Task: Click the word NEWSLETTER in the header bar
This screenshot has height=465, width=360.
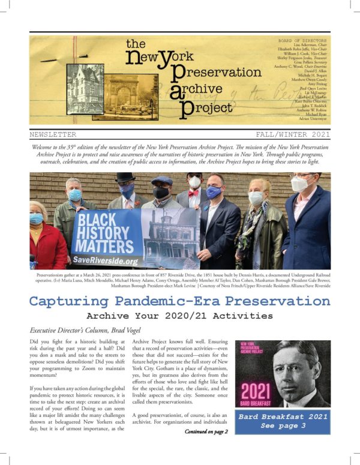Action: click(x=53, y=135)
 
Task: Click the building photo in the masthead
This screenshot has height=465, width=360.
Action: click(x=84, y=89)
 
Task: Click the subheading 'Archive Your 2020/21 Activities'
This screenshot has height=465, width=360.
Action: click(x=179, y=316)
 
